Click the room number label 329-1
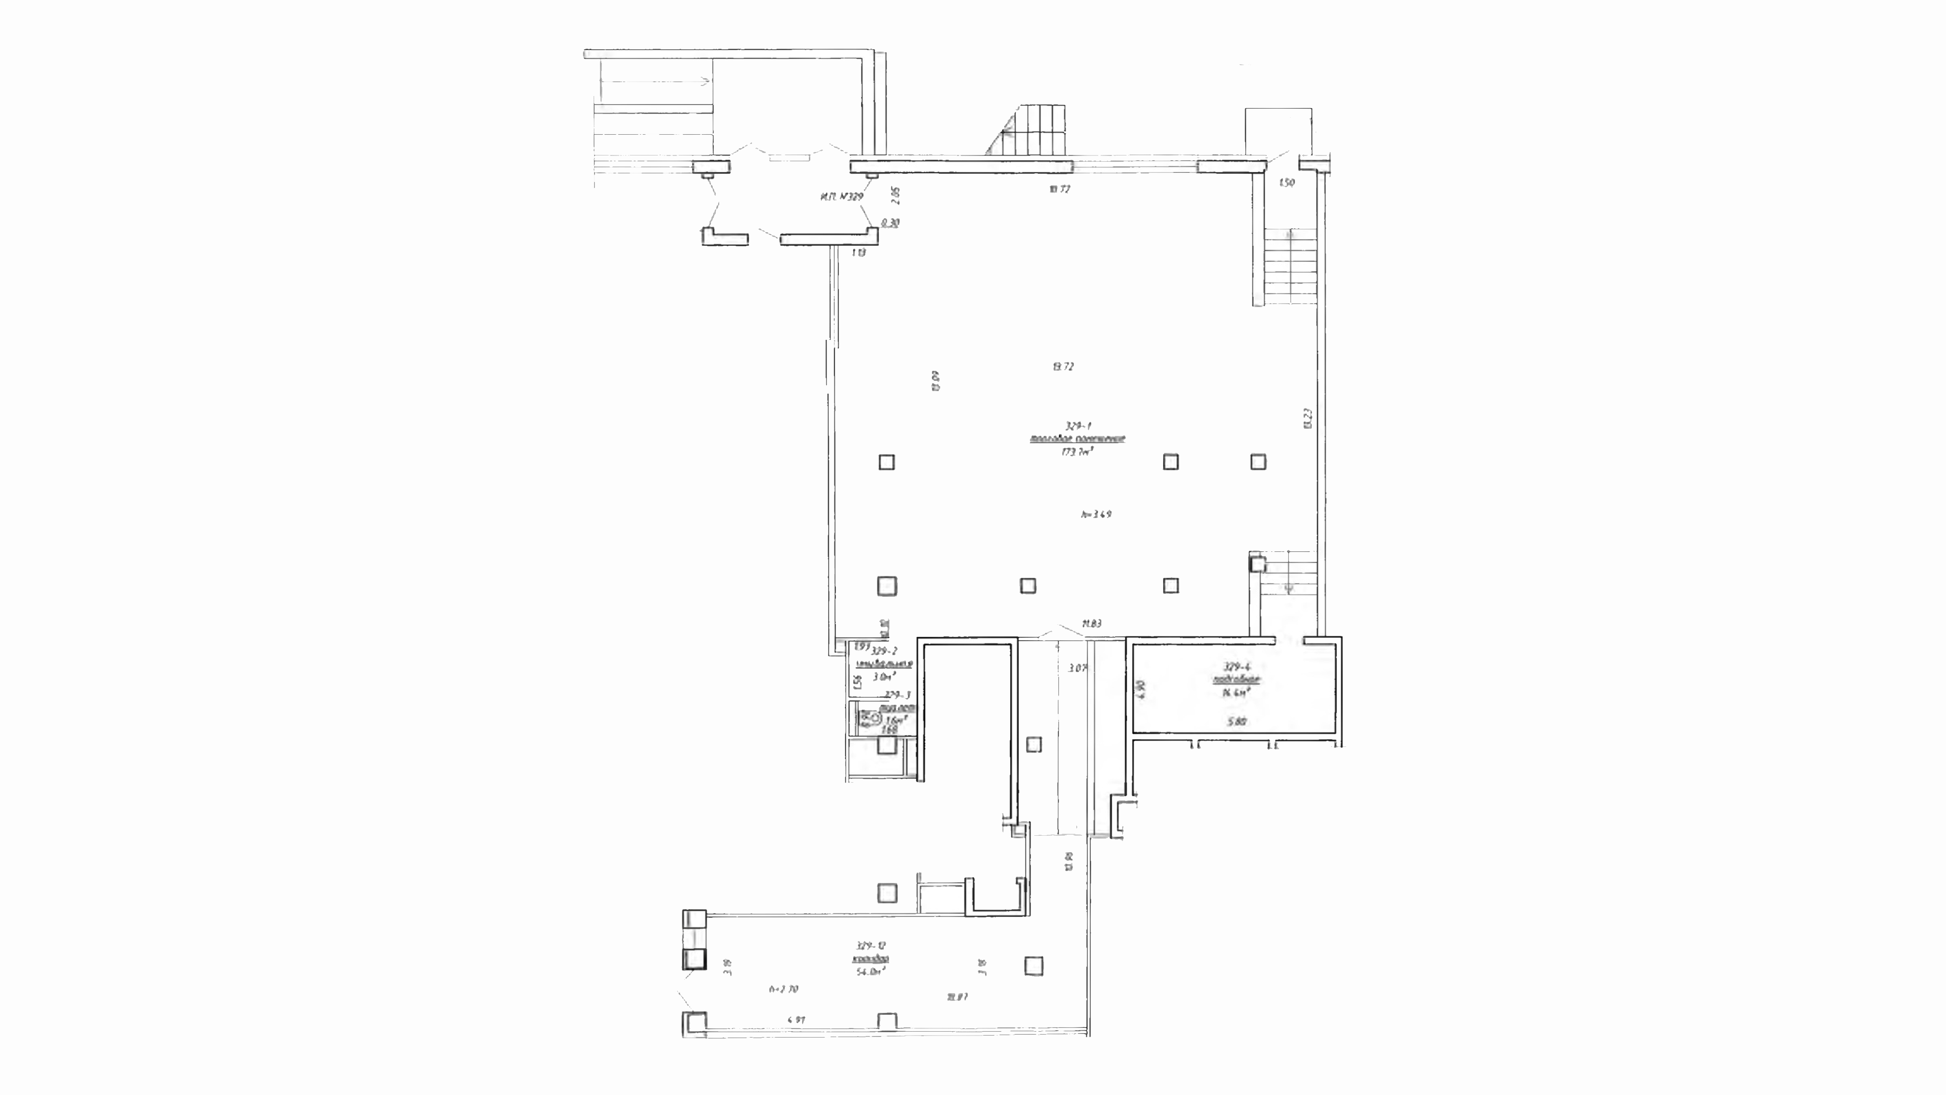click(1077, 426)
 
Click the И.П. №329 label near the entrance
click(841, 197)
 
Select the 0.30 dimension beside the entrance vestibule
click(890, 223)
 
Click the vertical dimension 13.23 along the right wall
click(1307, 418)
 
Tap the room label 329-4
click(1237, 667)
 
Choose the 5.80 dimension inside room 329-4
click(1236, 722)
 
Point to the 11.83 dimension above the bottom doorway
click(1092, 623)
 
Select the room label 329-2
click(884, 651)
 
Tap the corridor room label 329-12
click(870, 945)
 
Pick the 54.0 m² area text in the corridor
click(870, 972)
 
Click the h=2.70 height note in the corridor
click(783, 988)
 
